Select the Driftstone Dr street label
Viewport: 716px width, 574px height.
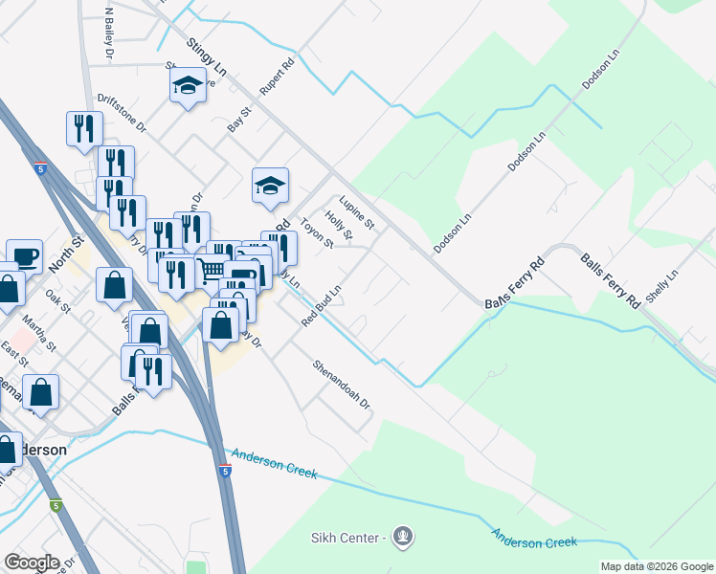(122, 112)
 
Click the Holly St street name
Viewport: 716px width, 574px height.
(339, 228)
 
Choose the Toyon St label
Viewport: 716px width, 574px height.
(316, 232)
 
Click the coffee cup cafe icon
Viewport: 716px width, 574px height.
(24, 256)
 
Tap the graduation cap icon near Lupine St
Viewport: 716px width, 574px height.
(271, 186)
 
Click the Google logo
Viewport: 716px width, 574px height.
(32, 563)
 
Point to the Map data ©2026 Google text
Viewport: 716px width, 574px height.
(656, 566)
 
